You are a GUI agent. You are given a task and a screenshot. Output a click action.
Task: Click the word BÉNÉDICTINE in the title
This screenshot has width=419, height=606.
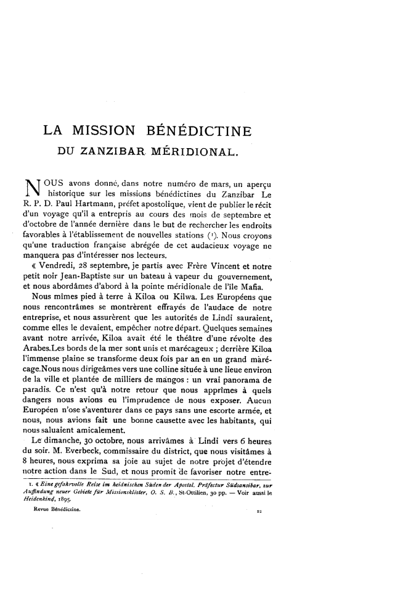tap(200, 131)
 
